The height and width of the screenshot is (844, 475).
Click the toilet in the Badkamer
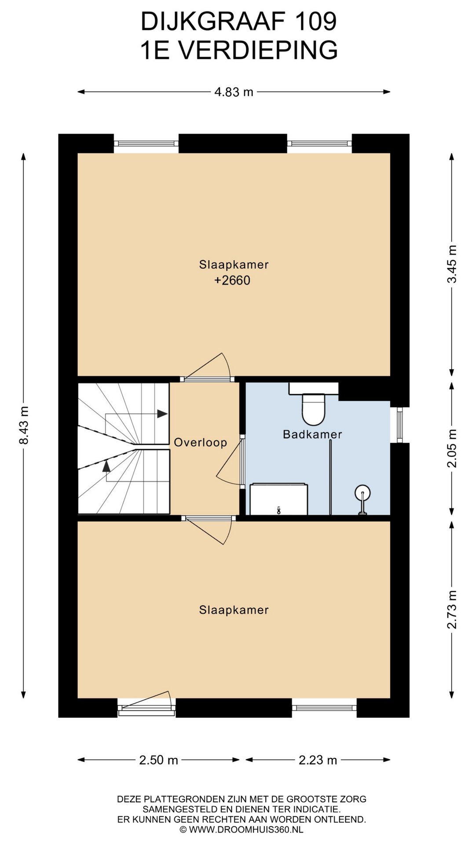tap(313, 409)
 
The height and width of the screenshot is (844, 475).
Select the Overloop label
tap(201, 442)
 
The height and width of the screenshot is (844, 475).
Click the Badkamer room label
tap(312, 434)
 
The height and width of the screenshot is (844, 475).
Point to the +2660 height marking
tap(232, 280)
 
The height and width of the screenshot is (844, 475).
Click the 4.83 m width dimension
tap(234, 92)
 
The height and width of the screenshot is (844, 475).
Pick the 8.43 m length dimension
tap(24, 425)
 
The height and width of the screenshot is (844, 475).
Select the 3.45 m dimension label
tap(452, 264)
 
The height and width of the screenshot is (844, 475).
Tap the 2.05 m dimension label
tap(452, 448)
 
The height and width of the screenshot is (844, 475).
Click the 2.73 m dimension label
tap(452, 610)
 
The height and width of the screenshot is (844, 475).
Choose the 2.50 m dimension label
tap(158, 760)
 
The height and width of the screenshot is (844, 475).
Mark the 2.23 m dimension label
tap(318, 760)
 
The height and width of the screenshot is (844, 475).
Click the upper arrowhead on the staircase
tap(162, 414)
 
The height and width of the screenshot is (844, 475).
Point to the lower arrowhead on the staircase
tap(106, 466)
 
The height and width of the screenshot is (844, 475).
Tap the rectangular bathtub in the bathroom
tap(279, 499)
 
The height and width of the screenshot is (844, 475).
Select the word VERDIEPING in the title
tap(259, 50)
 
